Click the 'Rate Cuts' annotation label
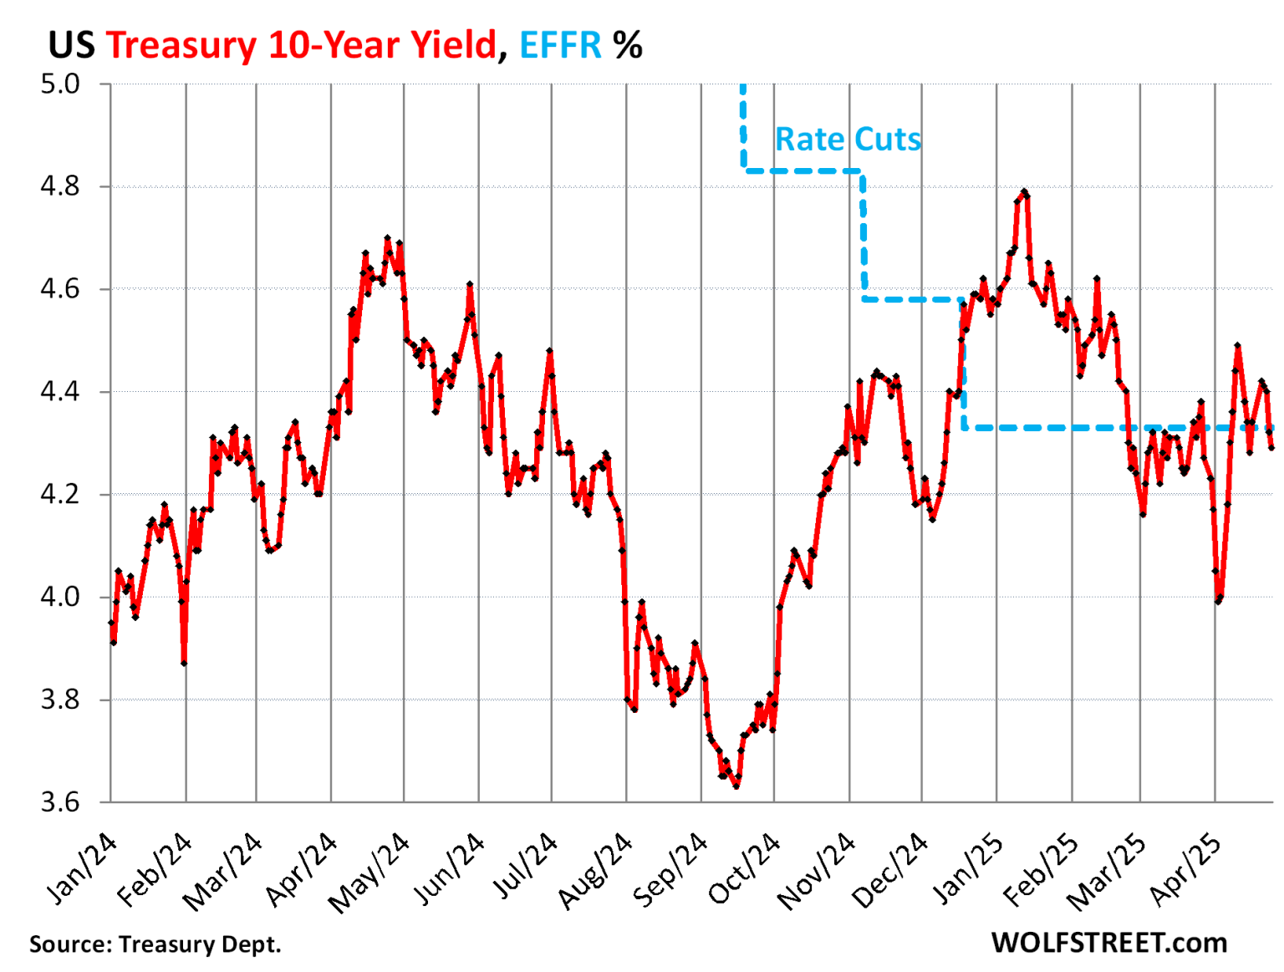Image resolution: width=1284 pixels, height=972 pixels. [x=848, y=139]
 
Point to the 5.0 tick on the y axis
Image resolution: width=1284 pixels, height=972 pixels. [x=60, y=84]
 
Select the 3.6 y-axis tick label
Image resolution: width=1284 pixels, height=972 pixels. [x=60, y=802]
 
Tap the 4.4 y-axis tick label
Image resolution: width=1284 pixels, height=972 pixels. [x=60, y=391]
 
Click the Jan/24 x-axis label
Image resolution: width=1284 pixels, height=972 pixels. [x=81, y=869]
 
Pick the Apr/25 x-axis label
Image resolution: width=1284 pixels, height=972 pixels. [x=1185, y=869]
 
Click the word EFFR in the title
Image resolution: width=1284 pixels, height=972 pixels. [x=560, y=45]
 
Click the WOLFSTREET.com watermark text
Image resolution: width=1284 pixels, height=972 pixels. [x=1108, y=943]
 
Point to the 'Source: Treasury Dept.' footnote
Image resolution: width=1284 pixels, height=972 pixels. [x=155, y=944]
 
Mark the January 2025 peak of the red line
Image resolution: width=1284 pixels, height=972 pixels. [x=1024, y=192]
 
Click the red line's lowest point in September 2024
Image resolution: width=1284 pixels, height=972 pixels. [x=736, y=786]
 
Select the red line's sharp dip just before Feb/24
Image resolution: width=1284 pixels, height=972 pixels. [x=183, y=663]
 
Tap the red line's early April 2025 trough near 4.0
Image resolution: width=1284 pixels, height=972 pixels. [x=1218, y=600]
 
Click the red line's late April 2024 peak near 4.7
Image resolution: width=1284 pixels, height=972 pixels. [x=387, y=238]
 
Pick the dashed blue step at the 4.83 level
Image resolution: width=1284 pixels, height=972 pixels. [x=802, y=170]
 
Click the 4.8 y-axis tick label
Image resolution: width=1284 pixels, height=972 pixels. [x=60, y=186]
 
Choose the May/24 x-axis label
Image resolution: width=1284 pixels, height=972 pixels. [x=369, y=873]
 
